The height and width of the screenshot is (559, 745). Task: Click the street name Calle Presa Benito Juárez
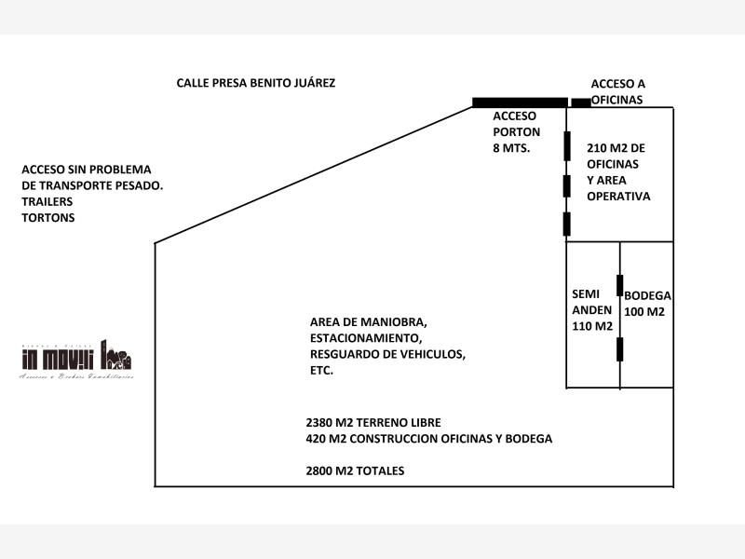tap(256, 83)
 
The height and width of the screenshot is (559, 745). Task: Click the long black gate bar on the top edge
tap(520, 102)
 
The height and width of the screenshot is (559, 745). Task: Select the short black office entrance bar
tap(580, 102)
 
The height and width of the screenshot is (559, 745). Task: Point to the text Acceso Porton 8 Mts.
tap(514, 131)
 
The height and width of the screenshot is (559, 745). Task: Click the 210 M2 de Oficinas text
tap(616, 148)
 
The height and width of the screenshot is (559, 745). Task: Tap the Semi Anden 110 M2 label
tap(591, 309)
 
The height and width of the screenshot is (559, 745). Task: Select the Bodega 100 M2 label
tap(647, 303)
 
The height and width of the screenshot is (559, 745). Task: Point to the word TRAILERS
tap(47, 201)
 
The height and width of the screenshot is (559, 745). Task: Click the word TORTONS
tap(47, 218)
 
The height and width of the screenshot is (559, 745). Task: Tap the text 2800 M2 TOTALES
tap(355, 471)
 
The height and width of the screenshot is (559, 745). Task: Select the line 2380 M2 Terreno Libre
tap(372, 422)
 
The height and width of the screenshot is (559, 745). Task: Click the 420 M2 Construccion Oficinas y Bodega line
tap(428, 439)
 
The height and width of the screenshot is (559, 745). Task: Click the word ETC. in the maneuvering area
tap(321, 371)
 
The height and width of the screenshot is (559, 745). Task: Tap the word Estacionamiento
tap(365, 338)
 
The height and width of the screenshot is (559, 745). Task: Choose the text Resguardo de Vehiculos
tap(387, 355)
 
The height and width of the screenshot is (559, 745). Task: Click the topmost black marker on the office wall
tap(566, 145)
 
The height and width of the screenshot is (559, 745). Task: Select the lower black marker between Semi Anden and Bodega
tap(620, 348)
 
